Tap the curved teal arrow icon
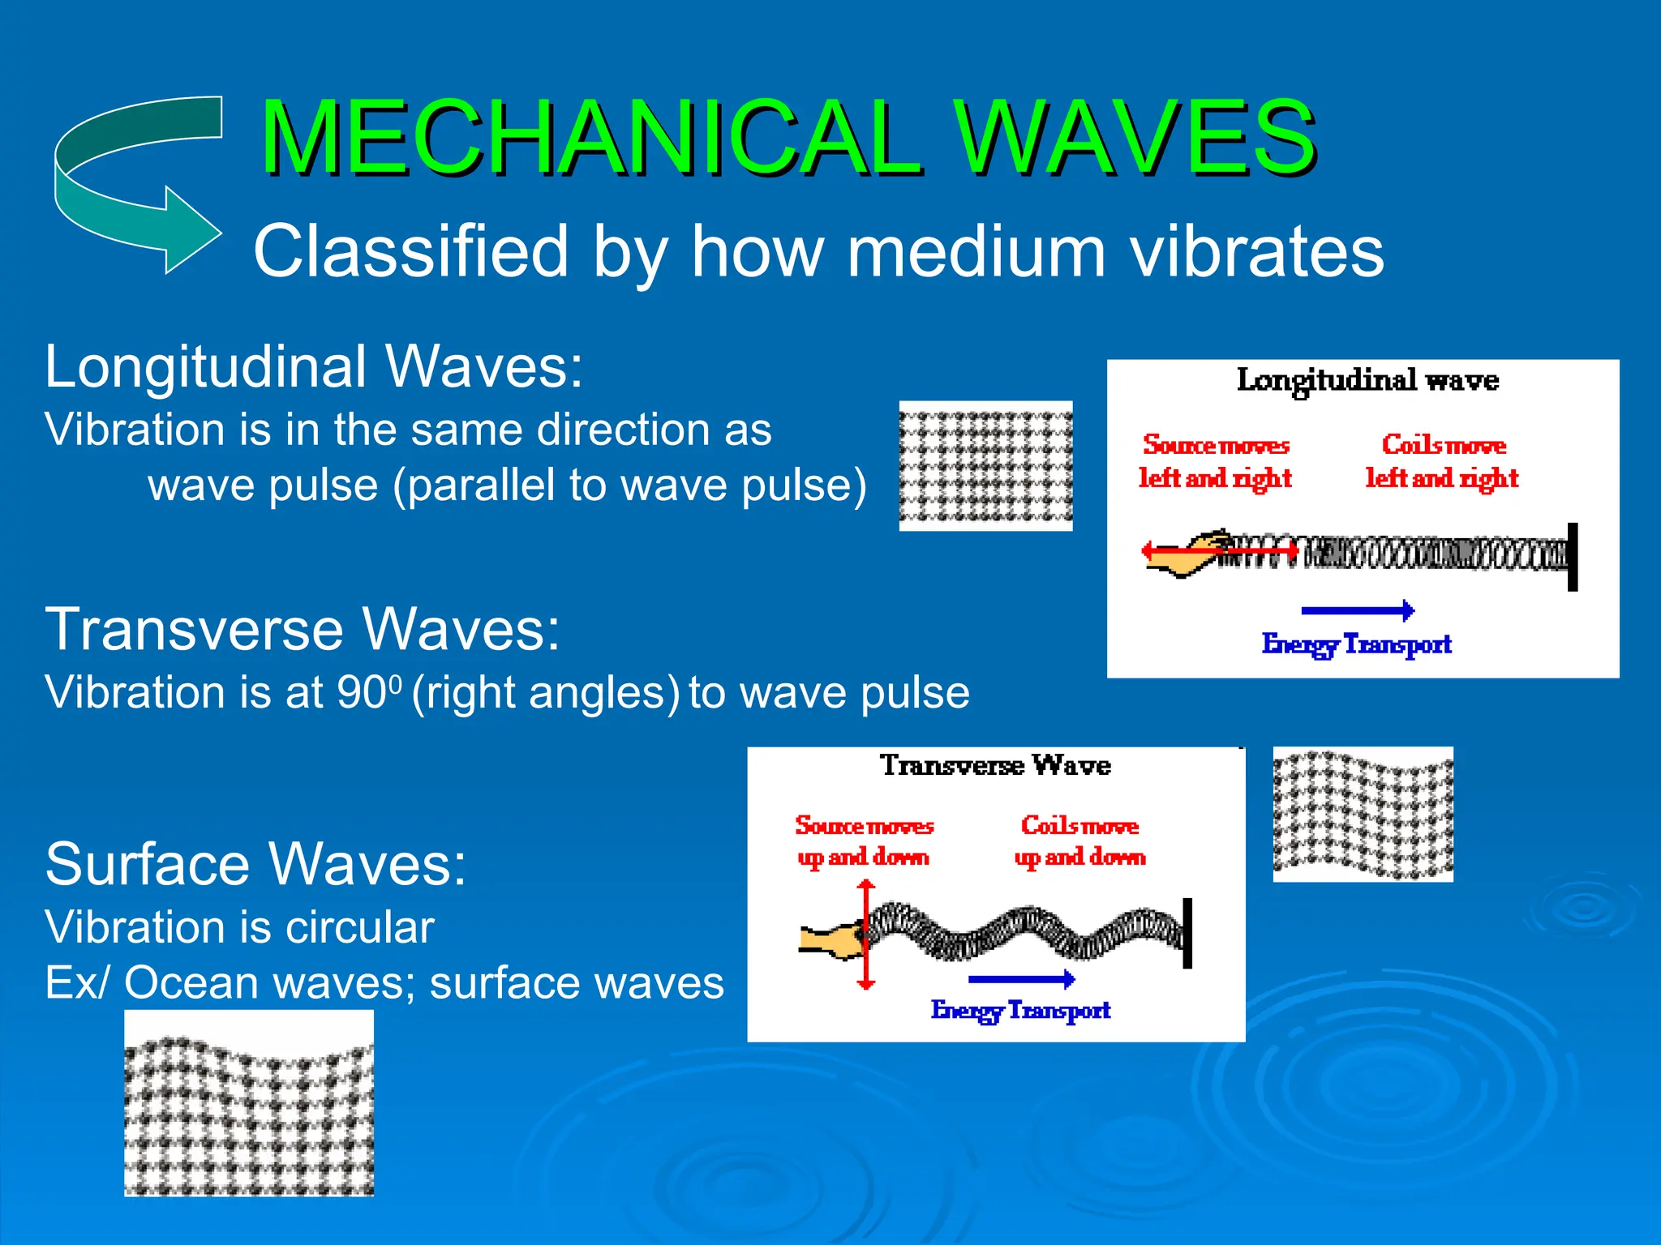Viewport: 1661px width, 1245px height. coord(134,182)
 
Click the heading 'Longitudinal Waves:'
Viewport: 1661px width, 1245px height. coord(313,366)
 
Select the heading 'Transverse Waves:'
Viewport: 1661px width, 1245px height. coord(302,629)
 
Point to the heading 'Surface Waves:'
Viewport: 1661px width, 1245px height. coord(255,864)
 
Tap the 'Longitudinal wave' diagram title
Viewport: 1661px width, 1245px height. coord(1367,380)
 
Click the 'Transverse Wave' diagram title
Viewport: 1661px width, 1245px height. coord(995,765)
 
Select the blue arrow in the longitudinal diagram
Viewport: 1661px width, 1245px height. coord(1357,610)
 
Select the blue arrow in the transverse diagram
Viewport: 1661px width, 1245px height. coord(1021,979)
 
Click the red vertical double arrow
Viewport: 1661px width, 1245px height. coord(866,935)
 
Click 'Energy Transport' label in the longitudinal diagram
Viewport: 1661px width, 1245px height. coord(1356,644)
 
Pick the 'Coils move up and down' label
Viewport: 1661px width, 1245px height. coord(1079,841)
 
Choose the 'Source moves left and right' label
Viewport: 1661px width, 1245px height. coord(1215,461)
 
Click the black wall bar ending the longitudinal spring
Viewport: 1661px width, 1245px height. coord(1572,557)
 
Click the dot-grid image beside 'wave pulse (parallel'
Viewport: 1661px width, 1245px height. coord(985,466)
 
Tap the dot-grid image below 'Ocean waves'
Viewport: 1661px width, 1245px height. coord(249,1103)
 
